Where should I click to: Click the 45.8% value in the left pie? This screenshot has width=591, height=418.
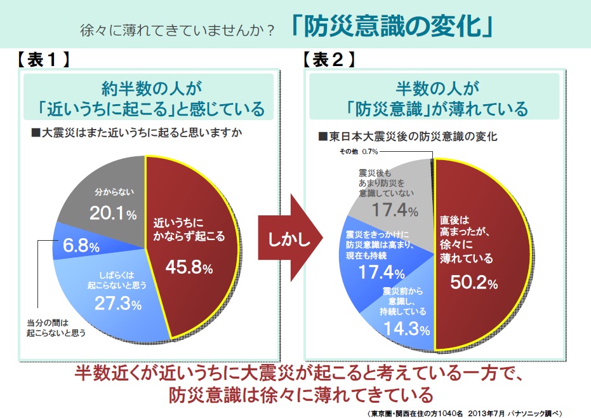(x=189, y=267)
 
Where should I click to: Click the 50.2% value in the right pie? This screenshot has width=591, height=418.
(x=474, y=281)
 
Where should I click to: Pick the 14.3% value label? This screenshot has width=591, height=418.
(x=406, y=330)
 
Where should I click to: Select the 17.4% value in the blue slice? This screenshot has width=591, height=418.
(x=382, y=274)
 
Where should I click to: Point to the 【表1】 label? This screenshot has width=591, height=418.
(x=43, y=60)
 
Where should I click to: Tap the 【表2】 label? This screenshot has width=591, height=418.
(x=328, y=60)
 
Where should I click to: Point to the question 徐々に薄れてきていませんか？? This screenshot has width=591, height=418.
(x=177, y=30)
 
